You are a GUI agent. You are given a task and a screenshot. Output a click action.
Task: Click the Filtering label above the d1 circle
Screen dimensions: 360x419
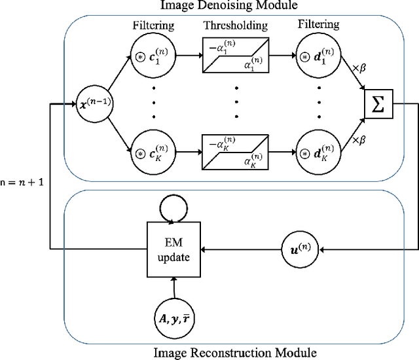pyautogui.click(x=319, y=25)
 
